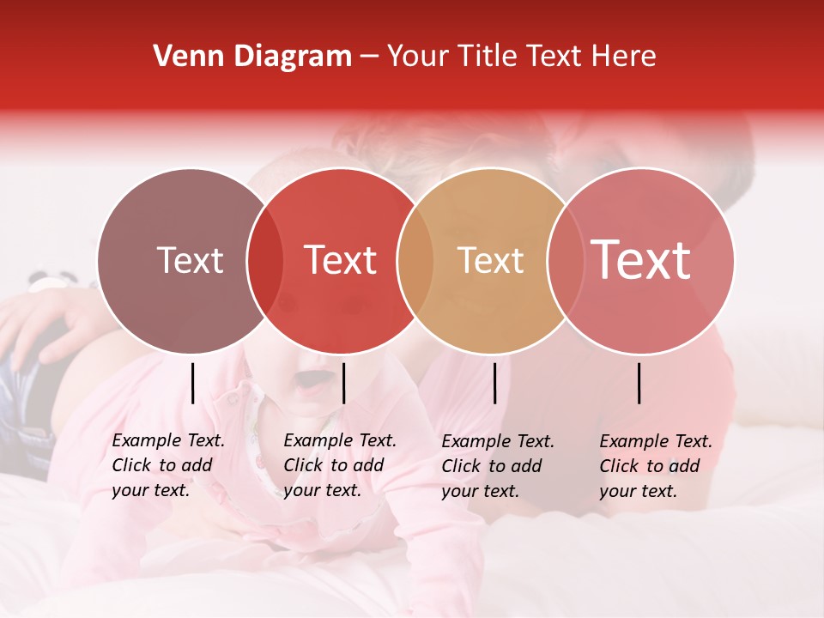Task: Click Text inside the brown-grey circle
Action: click(x=190, y=260)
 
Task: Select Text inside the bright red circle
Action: click(x=340, y=260)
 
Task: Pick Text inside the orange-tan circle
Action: click(x=490, y=260)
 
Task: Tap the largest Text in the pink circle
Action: click(x=640, y=259)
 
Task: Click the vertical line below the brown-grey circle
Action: click(x=192, y=383)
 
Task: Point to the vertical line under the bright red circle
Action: click(x=343, y=383)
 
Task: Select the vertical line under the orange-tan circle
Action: click(x=494, y=383)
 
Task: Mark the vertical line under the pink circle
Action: click(x=639, y=383)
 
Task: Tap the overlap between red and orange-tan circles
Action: click(x=415, y=261)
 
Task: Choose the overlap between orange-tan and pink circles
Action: click(x=563, y=261)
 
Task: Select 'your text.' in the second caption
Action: click(x=322, y=490)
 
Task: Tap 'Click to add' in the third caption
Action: click(x=491, y=466)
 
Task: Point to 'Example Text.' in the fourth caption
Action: click(x=656, y=441)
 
